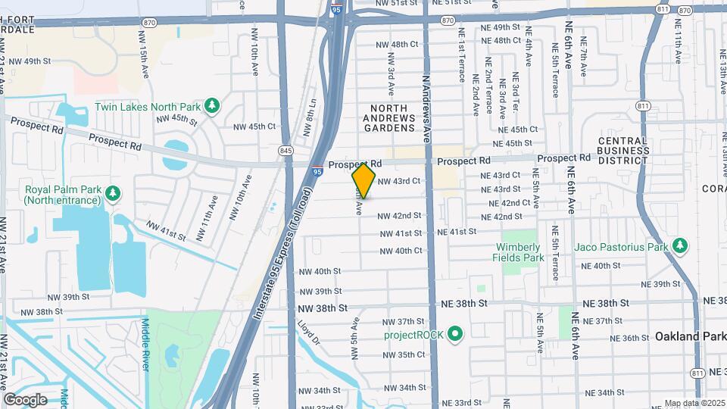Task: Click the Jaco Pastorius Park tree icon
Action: tap(680, 245)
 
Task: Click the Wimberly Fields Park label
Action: tap(520, 252)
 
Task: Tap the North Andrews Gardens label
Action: tap(389, 113)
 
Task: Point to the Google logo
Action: tap(25, 399)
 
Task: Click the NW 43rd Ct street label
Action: tap(398, 181)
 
